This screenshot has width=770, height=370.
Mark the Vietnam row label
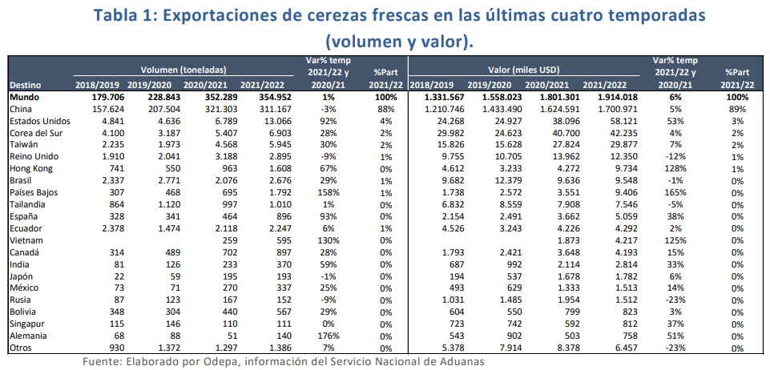pos(25,240)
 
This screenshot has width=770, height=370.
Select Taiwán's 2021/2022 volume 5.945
pos(264,145)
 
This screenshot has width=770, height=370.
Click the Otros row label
pos(20,349)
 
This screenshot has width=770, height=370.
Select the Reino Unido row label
pos(33,157)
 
